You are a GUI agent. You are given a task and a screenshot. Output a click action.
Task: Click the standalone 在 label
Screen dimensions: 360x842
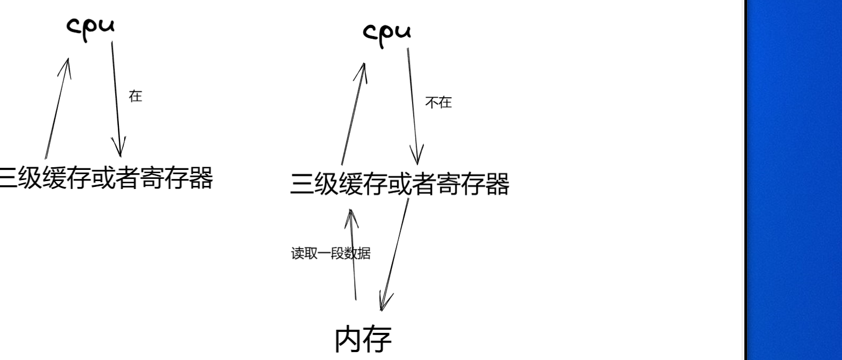pos(135,96)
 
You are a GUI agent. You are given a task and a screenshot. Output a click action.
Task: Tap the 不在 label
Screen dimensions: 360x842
pos(438,102)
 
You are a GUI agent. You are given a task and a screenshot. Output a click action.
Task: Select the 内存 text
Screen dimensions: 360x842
pos(363,339)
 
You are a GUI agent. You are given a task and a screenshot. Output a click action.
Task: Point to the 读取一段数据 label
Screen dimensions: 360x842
pos(330,253)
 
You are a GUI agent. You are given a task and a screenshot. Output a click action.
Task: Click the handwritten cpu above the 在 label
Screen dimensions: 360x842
pos(90,27)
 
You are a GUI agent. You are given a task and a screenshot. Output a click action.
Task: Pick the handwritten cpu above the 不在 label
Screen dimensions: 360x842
pos(386,32)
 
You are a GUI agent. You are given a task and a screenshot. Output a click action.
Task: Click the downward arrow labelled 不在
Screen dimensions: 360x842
pos(413,106)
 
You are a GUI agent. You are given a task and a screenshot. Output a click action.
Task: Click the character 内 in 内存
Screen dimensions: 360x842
pos(349,339)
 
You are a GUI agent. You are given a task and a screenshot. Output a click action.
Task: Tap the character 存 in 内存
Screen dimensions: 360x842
pos(378,339)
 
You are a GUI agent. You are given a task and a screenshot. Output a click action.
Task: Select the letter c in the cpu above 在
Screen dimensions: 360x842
pos(73,25)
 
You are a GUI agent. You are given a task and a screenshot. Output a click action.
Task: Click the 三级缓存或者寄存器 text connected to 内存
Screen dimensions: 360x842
pos(399,184)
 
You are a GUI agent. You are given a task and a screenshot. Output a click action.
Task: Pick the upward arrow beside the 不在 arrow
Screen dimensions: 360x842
pos(353,114)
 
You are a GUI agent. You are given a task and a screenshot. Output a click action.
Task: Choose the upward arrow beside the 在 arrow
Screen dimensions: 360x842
pos(57,109)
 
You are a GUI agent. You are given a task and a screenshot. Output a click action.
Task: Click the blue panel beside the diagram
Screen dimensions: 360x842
pos(794,180)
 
